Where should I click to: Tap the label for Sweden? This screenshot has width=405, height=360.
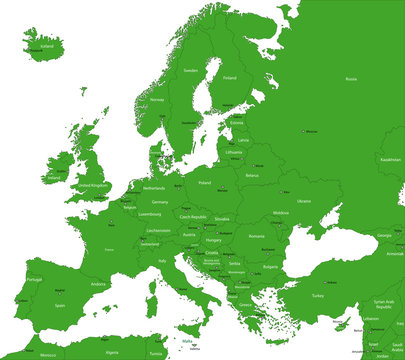coord(190,71)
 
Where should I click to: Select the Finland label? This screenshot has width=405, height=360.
coord(230,77)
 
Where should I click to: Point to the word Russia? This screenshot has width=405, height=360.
coord(350,78)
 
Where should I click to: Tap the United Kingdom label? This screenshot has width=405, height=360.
coord(94,186)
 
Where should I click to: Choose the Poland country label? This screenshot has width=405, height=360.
coord(205,183)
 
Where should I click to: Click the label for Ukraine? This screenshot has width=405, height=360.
coord(304,200)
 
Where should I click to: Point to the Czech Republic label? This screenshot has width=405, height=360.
coord(192,217)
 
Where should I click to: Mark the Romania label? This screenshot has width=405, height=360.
coord(257,236)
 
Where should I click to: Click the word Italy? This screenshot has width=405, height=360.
coord(161,261)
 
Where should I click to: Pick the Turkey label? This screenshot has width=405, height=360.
coord(318,295)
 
